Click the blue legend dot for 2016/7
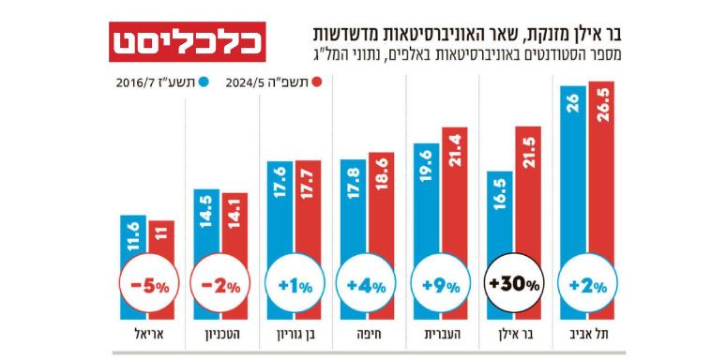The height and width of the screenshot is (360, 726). coord(203,82)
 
